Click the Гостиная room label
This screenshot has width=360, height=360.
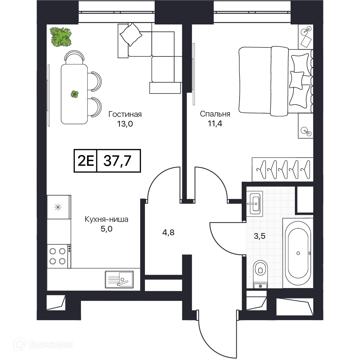(x=125, y=114)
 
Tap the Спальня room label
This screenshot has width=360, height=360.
(x=215, y=114)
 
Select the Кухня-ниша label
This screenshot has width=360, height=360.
(x=106, y=219)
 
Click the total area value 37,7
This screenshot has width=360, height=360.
(x=117, y=161)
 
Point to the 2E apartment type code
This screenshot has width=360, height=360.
(x=86, y=161)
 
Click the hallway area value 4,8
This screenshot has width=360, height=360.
(x=168, y=233)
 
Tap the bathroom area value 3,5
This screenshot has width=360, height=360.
(x=260, y=236)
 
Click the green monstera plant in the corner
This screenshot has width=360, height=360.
(x=61, y=37)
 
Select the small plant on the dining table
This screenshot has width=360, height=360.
(x=74, y=94)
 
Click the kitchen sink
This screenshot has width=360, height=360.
(x=119, y=279)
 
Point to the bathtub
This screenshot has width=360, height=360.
(x=298, y=253)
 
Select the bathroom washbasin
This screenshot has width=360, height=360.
(x=255, y=204)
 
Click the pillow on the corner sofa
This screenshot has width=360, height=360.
(x=131, y=35)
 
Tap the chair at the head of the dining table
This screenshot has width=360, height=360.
(x=74, y=58)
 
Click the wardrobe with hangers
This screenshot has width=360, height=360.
(x=282, y=169)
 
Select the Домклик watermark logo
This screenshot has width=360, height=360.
(x=44, y=344)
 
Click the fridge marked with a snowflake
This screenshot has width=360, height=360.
(x=59, y=207)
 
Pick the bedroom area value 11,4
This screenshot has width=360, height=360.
(x=215, y=124)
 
